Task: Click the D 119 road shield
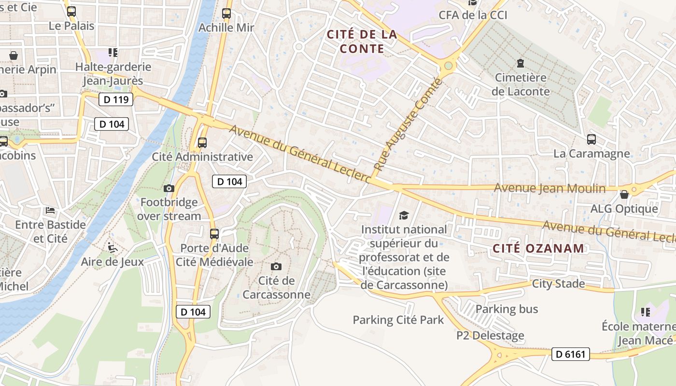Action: (x=115, y=100)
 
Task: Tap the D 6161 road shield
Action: (x=570, y=354)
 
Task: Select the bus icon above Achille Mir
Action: (x=226, y=13)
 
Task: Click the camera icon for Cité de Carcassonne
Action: (x=276, y=266)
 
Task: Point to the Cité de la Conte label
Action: (x=362, y=41)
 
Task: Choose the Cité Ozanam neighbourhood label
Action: (x=538, y=248)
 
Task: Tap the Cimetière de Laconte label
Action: (x=521, y=84)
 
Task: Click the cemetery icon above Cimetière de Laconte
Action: (x=520, y=63)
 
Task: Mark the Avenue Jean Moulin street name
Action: (x=550, y=188)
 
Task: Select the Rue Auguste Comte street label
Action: (x=408, y=124)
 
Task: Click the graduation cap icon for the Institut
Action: (x=403, y=215)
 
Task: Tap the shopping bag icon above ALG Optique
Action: (x=624, y=194)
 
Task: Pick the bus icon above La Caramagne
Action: (x=591, y=139)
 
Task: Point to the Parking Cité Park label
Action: (x=398, y=320)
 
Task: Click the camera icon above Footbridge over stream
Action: (x=169, y=188)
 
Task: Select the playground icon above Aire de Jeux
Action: (x=112, y=248)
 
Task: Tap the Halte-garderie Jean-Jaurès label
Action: (x=113, y=74)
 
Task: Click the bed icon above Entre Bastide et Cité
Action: (x=50, y=210)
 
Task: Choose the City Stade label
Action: (x=558, y=284)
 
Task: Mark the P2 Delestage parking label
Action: (x=490, y=335)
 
